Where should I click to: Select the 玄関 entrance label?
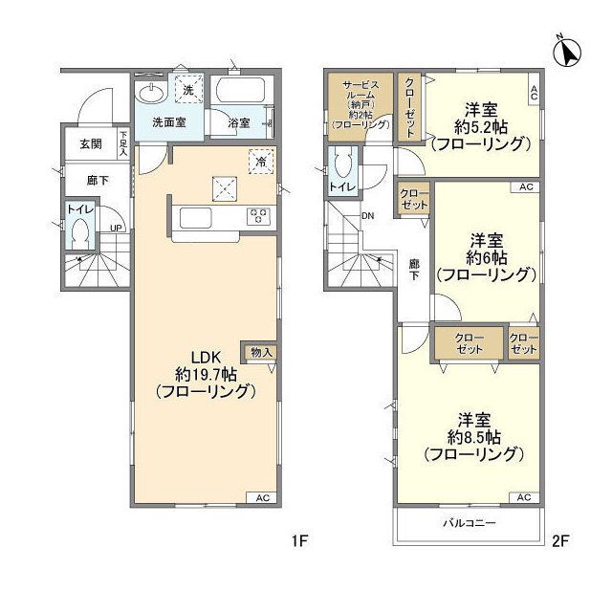point(90,143)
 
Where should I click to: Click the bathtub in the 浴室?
point(243,94)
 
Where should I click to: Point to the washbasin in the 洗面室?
point(150,94)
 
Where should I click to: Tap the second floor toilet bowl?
point(343,166)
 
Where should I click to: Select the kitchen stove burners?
point(258,217)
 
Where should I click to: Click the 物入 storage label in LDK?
point(260,352)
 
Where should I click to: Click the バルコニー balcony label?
point(469,524)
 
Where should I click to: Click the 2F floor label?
point(559,542)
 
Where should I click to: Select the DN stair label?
point(368,215)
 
